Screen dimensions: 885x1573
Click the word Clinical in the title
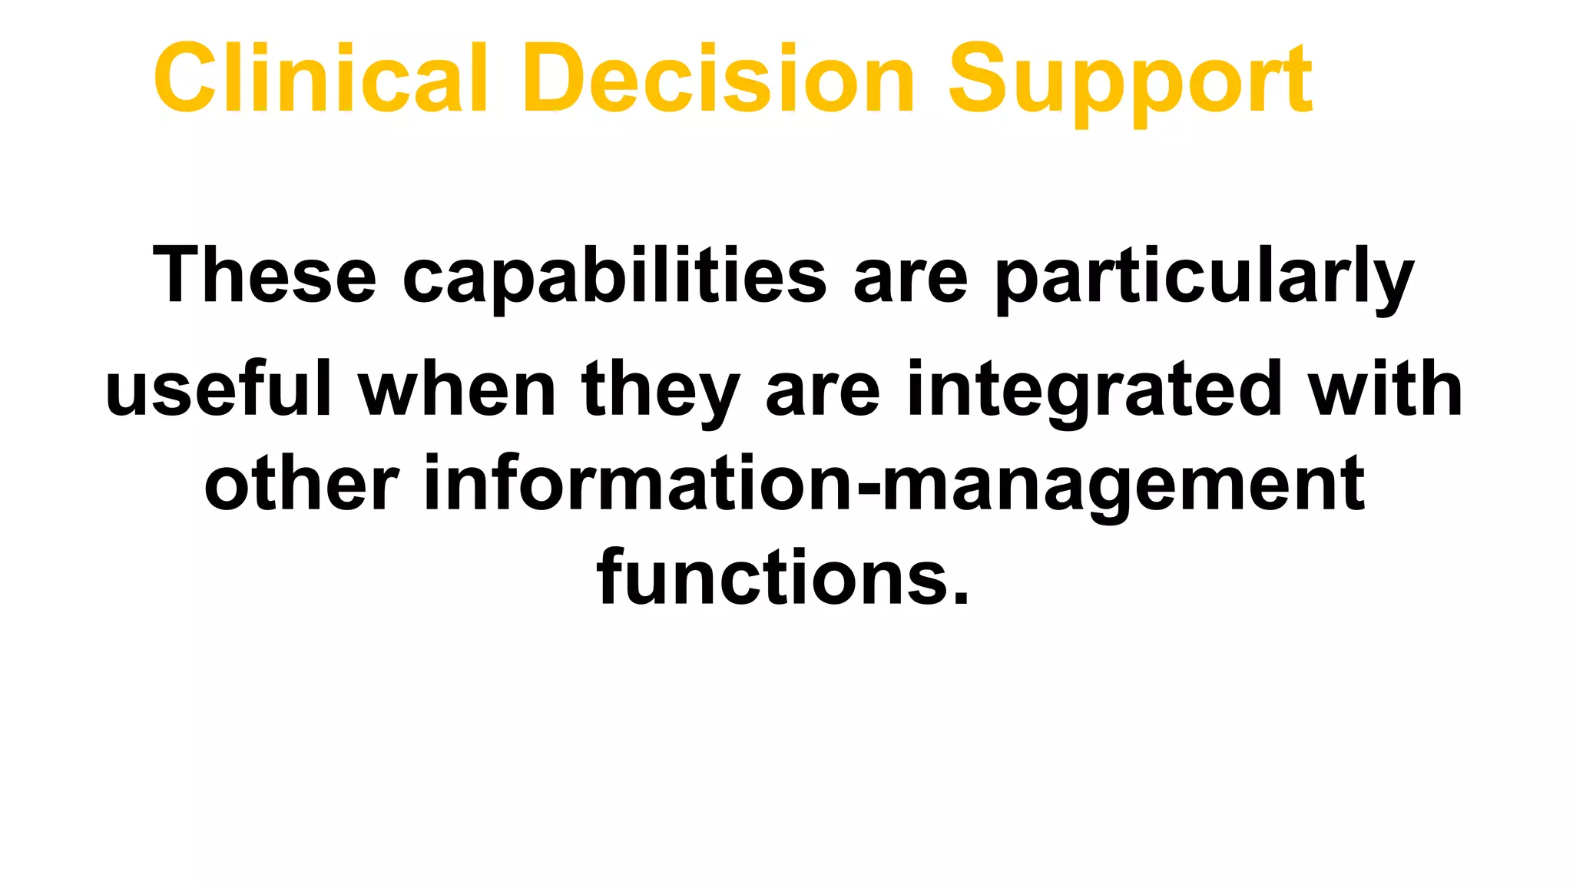point(321,78)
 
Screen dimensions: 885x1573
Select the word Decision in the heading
point(719,78)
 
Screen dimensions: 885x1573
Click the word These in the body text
point(265,275)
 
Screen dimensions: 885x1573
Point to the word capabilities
point(614,277)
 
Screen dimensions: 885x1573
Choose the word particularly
point(1204,278)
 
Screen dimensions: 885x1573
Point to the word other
point(301,484)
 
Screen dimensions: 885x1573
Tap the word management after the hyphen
point(1123,487)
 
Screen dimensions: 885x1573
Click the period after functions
point(960,598)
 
